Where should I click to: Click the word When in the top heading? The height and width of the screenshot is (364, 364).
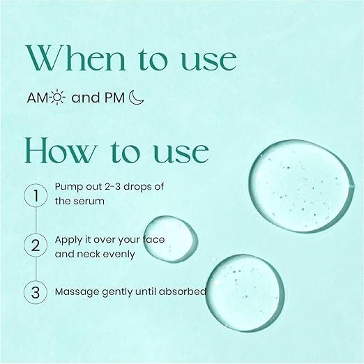point(76,58)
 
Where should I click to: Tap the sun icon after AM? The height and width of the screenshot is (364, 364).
point(57,98)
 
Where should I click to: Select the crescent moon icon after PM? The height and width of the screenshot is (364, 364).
point(137,97)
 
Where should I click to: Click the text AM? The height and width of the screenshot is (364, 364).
point(38,98)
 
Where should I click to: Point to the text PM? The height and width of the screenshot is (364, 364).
point(114,98)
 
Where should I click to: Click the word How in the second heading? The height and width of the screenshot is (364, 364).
point(60,151)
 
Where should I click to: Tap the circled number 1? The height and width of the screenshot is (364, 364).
point(36,195)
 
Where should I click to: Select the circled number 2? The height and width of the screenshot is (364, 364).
point(36,245)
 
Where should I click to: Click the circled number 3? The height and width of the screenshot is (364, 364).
point(36,292)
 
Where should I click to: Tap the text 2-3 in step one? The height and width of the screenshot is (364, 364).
point(112,186)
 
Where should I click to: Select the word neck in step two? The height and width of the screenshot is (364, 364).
point(88,254)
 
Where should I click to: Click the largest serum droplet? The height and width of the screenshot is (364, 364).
point(301,186)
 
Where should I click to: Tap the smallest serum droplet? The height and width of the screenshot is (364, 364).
point(170,239)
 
